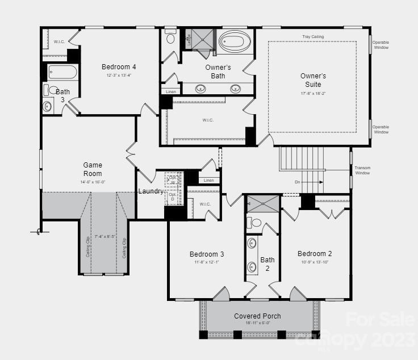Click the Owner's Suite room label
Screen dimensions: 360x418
point(313,80)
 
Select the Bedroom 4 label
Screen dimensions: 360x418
point(119,66)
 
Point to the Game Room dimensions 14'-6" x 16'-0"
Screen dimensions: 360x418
point(93,182)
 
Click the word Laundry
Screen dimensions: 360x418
point(151,191)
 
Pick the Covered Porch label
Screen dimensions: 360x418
point(257,316)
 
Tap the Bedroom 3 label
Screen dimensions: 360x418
point(207,254)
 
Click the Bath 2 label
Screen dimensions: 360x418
point(267,264)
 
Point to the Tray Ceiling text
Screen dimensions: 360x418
point(312,36)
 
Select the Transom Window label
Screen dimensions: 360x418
point(362,170)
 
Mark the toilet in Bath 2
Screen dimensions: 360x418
point(256,223)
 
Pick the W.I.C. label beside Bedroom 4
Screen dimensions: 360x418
point(59,41)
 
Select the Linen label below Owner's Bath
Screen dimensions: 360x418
point(170,91)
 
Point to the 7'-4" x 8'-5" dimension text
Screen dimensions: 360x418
point(104,236)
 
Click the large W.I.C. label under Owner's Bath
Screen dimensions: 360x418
point(208,120)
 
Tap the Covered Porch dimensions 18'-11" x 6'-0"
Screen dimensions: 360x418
point(257,323)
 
